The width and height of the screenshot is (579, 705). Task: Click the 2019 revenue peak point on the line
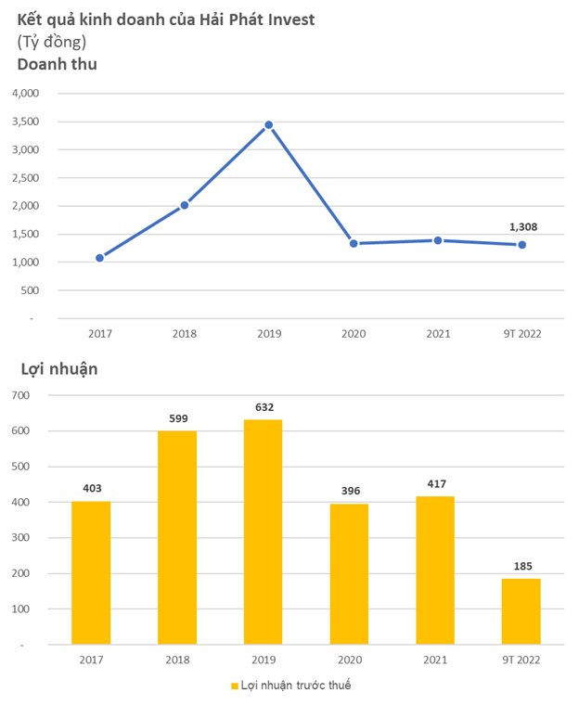[x=268, y=124]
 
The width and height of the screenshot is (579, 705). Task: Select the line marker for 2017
[x=99, y=258]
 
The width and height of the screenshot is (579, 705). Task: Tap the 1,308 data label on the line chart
[x=522, y=226]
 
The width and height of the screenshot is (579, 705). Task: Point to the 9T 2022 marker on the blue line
[x=521, y=245]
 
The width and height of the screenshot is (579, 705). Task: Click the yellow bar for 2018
[x=177, y=537]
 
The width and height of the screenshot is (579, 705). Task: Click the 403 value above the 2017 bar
[x=91, y=488]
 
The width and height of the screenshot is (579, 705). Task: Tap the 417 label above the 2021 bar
[x=436, y=482]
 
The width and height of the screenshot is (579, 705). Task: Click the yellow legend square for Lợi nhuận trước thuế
[x=234, y=686]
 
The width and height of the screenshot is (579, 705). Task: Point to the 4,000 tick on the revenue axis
[x=24, y=94]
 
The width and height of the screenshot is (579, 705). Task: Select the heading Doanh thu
[x=57, y=65]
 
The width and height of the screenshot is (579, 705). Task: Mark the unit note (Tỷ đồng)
[x=52, y=43]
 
